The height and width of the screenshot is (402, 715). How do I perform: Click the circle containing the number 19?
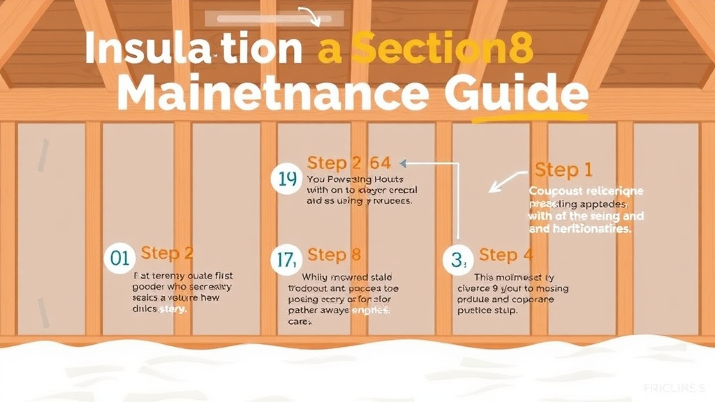[287, 179]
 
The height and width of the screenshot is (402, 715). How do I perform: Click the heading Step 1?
[563, 170]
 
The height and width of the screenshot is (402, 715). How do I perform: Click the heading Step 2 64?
[348, 164]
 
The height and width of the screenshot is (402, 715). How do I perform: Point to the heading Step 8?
[334, 254]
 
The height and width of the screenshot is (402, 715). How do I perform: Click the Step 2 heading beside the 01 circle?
[167, 253]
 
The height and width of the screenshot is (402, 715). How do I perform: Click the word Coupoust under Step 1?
[551, 191]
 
